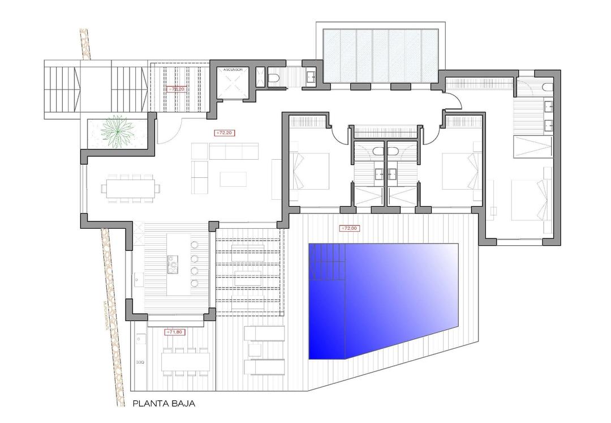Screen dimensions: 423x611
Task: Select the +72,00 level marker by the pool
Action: (x=349, y=229)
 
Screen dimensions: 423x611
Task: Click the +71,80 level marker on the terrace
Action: (x=174, y=332)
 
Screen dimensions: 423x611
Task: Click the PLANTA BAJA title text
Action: (x=164, y=404)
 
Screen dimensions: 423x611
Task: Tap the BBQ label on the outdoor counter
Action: (x=140, y=361)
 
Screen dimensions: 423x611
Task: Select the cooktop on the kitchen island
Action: (x=173, y=262)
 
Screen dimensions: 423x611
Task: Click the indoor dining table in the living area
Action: (x=131, y=187)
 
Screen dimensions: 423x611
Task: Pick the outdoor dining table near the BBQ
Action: (x=185, y=361)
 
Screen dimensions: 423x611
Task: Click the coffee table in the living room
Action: (x=233, y=179)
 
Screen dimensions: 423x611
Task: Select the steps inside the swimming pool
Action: (x=326, y=264)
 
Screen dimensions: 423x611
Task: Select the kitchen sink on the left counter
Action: (x=137, y=279)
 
